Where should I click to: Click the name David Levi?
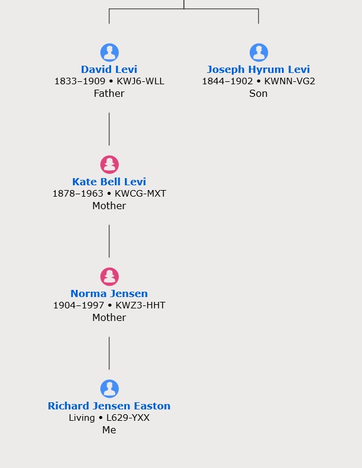[x=109, y=69]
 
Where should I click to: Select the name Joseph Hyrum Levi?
[x=258, y=69]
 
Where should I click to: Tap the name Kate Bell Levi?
[x=109, y=182]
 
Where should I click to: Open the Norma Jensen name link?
[x=109, y=293]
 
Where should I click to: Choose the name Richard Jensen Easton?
[x=109, y=406]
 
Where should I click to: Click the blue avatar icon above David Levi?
[x=109, y=53]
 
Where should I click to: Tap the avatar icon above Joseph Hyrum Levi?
[x=259, y=53]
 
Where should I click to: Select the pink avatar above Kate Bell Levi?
[x=109, y=164]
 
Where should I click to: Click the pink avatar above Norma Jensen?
[x=109, y=277]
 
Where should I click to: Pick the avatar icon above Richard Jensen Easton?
[x=109, y=389]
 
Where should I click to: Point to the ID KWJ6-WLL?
[x=140, y=81]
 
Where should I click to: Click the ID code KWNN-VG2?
[x=290, y=81]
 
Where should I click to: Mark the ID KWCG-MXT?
[x=140, y=194]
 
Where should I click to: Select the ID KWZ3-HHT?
[x=140, y=305]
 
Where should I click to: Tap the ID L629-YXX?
[x=128, y=418]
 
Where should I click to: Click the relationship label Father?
[x=109, y=93]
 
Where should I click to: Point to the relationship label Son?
[x=258, y=93]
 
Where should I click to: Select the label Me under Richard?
[x=109, y=430]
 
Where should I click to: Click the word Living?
[x=82, y=418]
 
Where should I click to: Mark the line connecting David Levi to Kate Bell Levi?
[x=109, y=129]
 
